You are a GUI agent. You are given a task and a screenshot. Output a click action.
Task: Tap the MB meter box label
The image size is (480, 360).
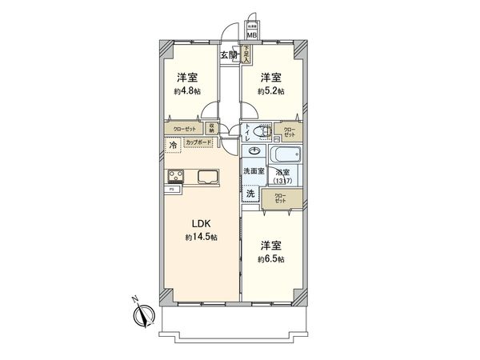250,35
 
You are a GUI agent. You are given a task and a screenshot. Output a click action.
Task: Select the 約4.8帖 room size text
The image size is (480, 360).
188,90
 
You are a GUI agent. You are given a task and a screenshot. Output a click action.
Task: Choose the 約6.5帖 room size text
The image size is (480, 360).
270,258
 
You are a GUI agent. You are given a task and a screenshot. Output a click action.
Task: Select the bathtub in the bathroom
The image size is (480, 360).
286,154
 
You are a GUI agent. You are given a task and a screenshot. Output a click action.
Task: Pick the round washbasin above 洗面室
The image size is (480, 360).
254,150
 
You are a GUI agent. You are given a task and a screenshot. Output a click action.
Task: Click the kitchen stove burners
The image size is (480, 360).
175,176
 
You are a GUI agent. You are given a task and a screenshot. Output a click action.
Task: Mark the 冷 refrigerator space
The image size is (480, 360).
174,145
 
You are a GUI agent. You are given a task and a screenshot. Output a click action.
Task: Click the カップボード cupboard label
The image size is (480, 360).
199,143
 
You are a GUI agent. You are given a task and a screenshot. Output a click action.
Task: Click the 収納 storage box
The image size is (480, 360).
213,128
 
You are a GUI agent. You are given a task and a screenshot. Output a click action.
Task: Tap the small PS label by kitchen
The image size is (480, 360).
171,190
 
